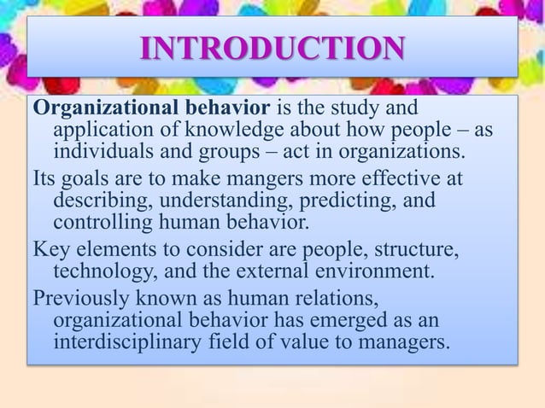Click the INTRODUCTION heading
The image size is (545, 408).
coord(272,50)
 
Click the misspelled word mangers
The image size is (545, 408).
coord(267,181)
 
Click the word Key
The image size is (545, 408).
coord(50,251)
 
